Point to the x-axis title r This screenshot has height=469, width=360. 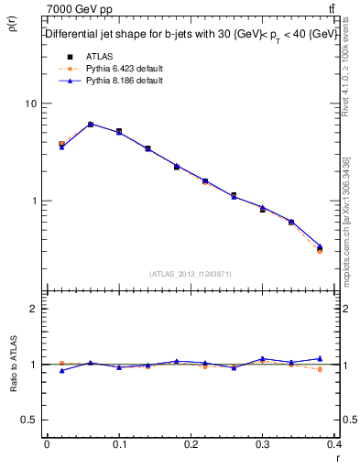click(337, 457)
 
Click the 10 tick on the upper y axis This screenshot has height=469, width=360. click(32, 104)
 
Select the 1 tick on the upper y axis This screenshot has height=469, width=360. click(35, 201)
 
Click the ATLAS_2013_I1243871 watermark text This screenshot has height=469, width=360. click(191, 274)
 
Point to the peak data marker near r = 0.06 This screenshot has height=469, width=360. click(90, 124)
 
